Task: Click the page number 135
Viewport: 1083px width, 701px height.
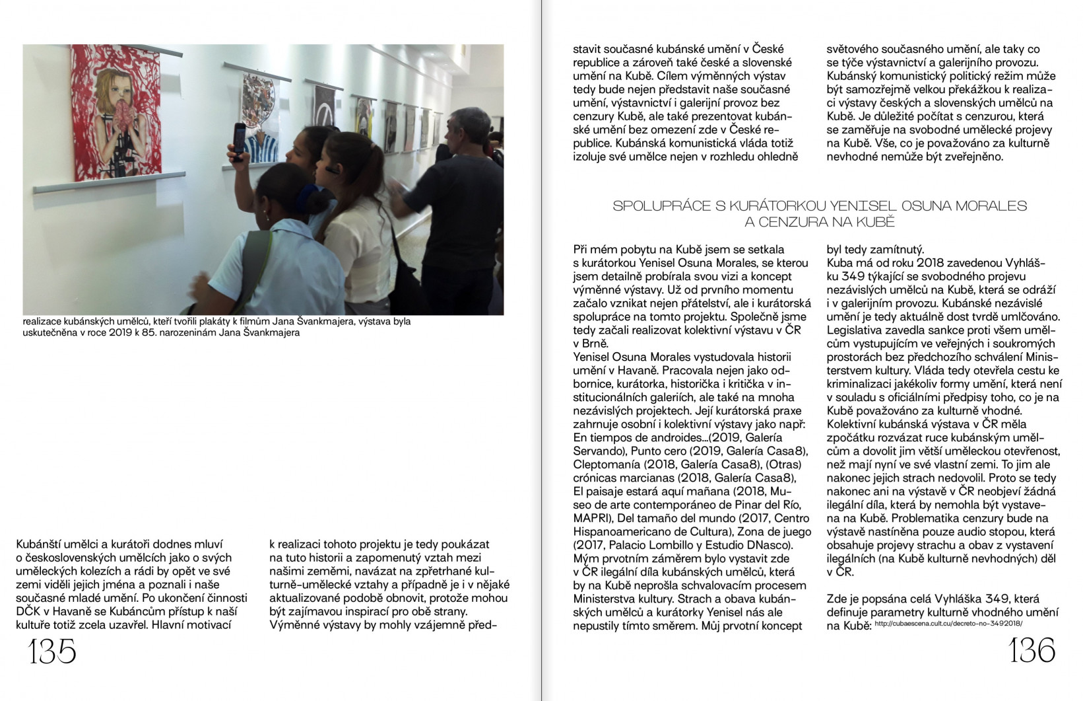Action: coord(52,652)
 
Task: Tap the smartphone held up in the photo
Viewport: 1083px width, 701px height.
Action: coord(240,142)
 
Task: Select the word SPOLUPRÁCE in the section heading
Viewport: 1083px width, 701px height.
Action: coord(664,206)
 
